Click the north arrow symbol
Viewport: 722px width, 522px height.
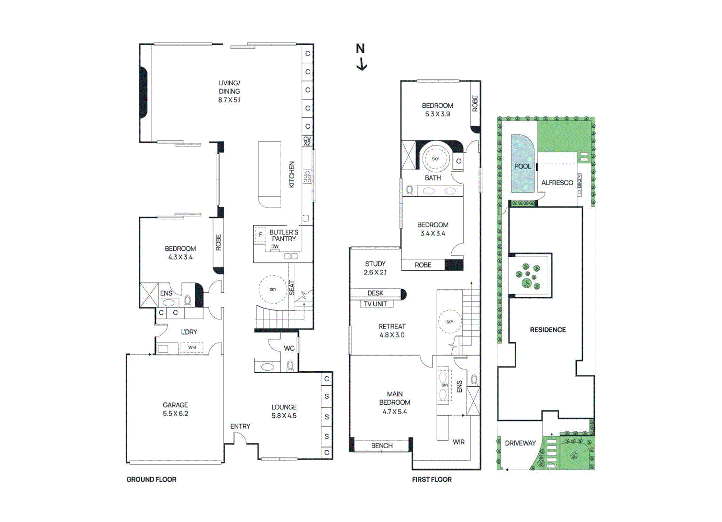click(361, 57)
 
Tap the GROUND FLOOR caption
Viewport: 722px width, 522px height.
click(151, 480)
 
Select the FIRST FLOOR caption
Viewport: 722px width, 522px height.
click(431, 480)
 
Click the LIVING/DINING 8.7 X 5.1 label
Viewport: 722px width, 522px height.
click(229, 92)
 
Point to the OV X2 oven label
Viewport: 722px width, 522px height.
click(307, 141)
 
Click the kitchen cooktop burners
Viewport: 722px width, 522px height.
click(307, 176)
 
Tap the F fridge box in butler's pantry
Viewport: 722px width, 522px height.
click(260, 235)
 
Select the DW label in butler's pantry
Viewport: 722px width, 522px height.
click(275, 246)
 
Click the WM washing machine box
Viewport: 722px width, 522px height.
click(192, 348)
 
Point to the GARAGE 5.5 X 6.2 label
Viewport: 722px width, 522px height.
click(176, 409)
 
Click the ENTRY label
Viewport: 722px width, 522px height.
click(240, 426)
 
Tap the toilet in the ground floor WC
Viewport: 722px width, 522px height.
click(291, 365)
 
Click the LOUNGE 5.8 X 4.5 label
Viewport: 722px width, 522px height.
click(284, 411)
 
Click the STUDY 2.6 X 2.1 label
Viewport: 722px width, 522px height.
click(375, 268)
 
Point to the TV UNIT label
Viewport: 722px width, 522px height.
click(375, 304)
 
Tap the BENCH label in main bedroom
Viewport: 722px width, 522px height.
click(382, 446)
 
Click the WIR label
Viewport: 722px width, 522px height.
click(458, 442)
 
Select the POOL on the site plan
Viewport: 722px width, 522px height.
click(523, 166)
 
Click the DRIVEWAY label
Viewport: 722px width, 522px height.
click(520, 443)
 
